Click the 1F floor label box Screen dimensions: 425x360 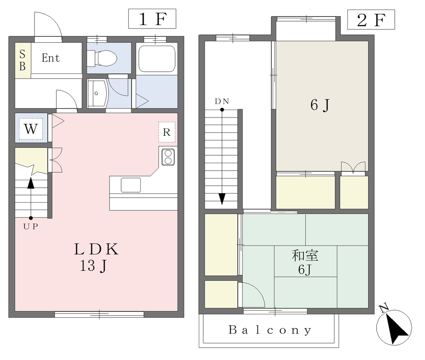[152, 19]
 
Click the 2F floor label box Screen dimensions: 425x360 [371, 20]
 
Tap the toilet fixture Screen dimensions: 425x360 [102, 58]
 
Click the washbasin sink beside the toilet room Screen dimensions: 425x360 [97, 93]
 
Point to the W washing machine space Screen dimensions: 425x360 [31, 128]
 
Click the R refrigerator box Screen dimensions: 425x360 [167, 132]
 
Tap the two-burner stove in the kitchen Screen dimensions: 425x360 [168, 157]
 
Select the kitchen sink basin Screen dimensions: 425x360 [131, 185]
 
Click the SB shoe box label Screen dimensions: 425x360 [22, 61]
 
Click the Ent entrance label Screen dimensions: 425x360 [51, 58]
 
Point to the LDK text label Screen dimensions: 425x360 [96, 249]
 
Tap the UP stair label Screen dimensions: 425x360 [31, 227]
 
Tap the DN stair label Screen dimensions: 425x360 [222, 101]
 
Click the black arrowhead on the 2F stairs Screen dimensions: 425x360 [222, 199]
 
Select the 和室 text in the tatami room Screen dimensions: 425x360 [305, 255]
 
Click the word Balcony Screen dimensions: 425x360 [270, 330]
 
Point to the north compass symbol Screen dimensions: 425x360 [394, 326]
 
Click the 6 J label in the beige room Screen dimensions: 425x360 [320, 105]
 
